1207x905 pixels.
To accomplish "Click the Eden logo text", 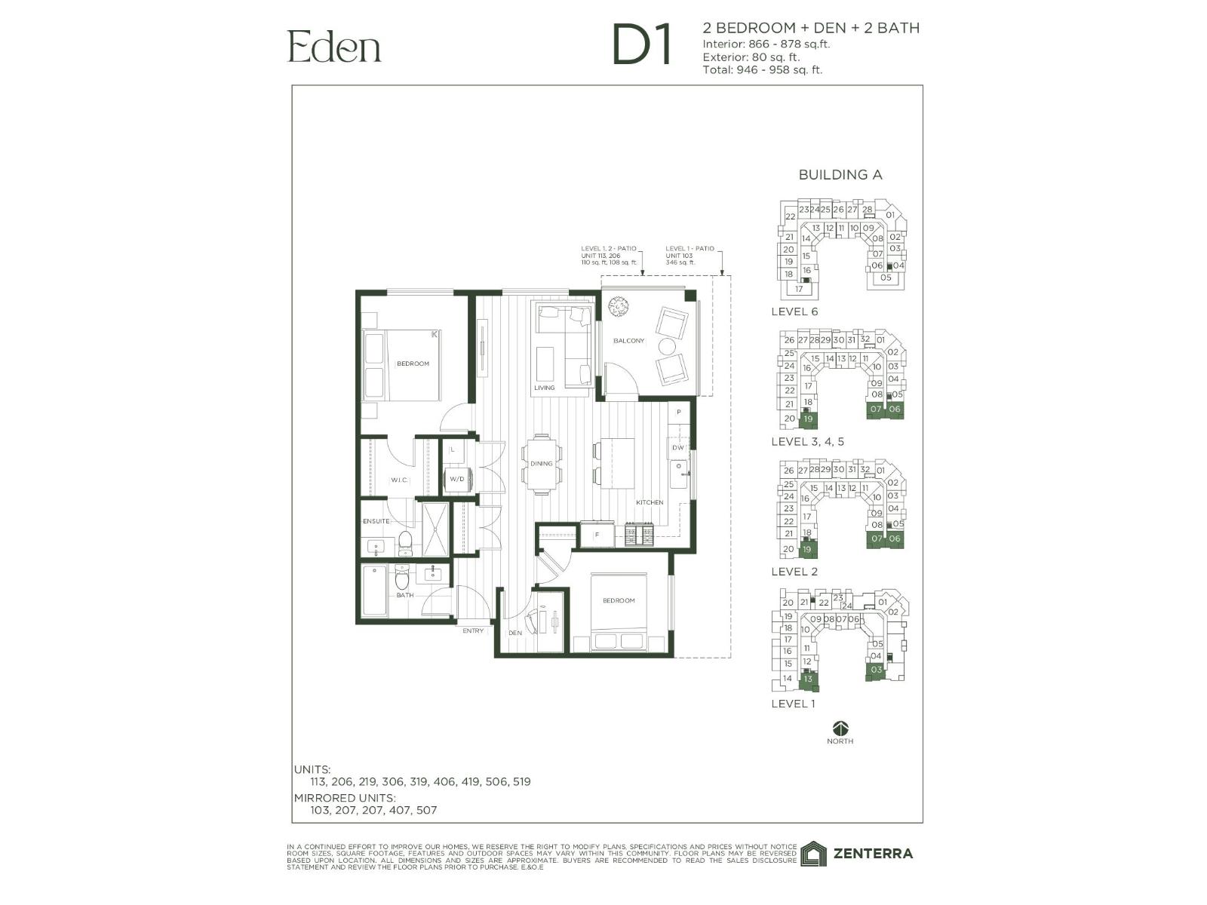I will (x=334, y=47).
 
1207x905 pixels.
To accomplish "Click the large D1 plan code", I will (x=642, y=46).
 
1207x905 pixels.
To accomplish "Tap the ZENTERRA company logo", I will (x=857, y=854).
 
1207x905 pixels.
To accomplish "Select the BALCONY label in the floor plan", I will (x=628, y=341).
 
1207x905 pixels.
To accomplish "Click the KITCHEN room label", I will (x=649, y=502).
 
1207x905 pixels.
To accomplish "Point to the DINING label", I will (x=541, y=464).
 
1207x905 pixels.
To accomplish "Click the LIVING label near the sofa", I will (x=544, y=388).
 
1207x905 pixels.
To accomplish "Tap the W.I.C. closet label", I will (x=398, y=480).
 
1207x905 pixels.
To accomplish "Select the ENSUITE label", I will (x=376, y=521).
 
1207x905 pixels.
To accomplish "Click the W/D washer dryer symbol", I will (x=457, y=480).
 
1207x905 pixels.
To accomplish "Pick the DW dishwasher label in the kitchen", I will (x=677, y=448).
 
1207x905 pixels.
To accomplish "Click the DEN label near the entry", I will (x=515, y=633).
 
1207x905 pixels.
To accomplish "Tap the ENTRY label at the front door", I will (x=473, y=630).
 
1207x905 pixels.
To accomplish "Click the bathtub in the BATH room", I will (x=375, y=591).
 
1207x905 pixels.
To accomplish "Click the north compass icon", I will (x=840, y=729).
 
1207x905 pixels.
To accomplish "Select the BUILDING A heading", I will (x=840, y=175).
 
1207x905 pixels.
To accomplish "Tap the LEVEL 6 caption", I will (x=794, y=311).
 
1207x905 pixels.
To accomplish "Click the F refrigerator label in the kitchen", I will (x=597, y=535).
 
